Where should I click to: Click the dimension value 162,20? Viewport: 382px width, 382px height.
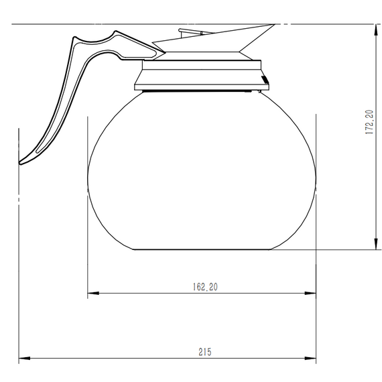point(201,287)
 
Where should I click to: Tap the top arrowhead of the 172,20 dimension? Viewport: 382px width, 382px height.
point(374,27)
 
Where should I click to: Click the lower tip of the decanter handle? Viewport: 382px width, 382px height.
point(21,162)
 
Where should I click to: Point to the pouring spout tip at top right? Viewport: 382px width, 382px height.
point(273,25)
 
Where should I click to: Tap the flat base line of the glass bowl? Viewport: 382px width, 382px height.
point(201,250)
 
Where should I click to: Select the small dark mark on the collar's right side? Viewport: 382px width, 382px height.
point(264,81)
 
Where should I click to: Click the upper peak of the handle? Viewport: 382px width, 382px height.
point(118,32)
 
